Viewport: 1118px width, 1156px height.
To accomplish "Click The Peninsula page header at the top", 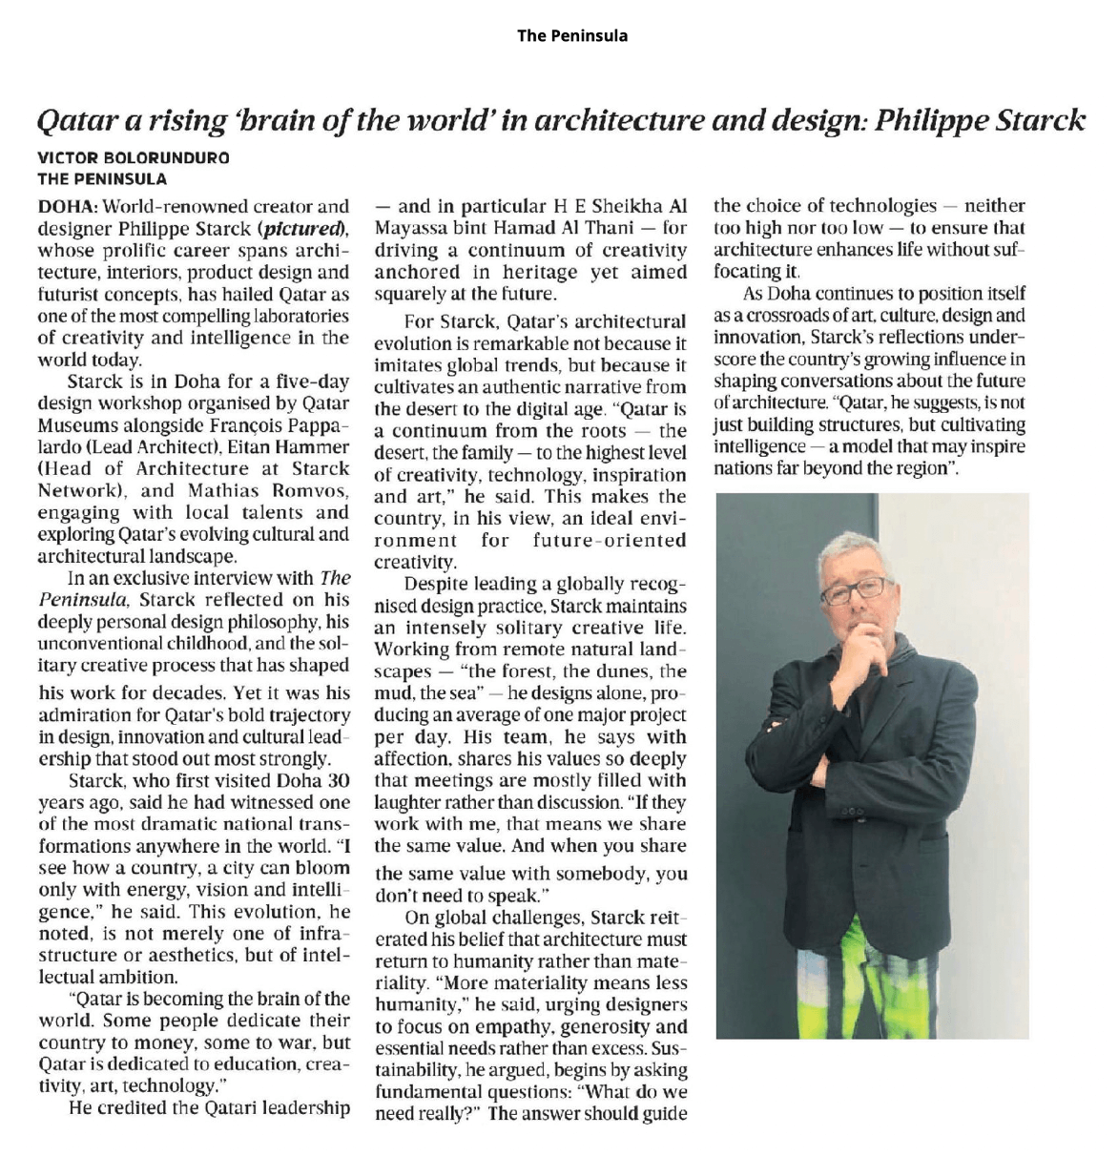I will (x=572, y=35).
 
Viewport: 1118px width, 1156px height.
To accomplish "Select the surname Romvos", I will (x=305, y=490).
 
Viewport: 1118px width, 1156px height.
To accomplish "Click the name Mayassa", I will (x=412, y=229).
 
